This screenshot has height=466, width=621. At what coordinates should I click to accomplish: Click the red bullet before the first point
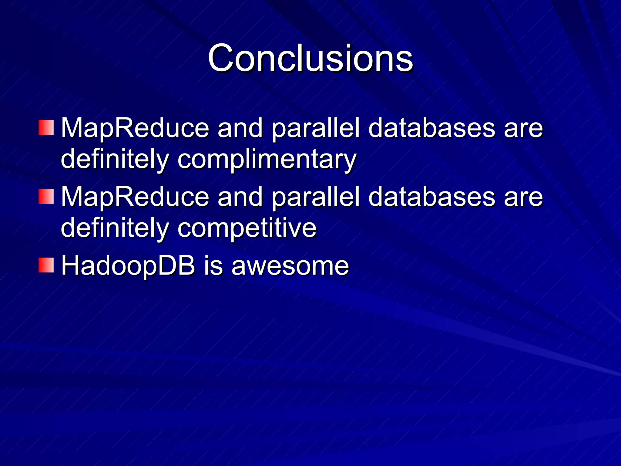[46, 127]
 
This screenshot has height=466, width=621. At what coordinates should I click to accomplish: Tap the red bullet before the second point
[46, 196]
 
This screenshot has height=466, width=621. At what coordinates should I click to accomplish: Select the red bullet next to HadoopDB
[46, 265]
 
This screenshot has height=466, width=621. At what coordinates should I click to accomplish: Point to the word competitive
[247, 228]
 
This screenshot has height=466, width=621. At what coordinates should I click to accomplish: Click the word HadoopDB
[128, 266]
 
